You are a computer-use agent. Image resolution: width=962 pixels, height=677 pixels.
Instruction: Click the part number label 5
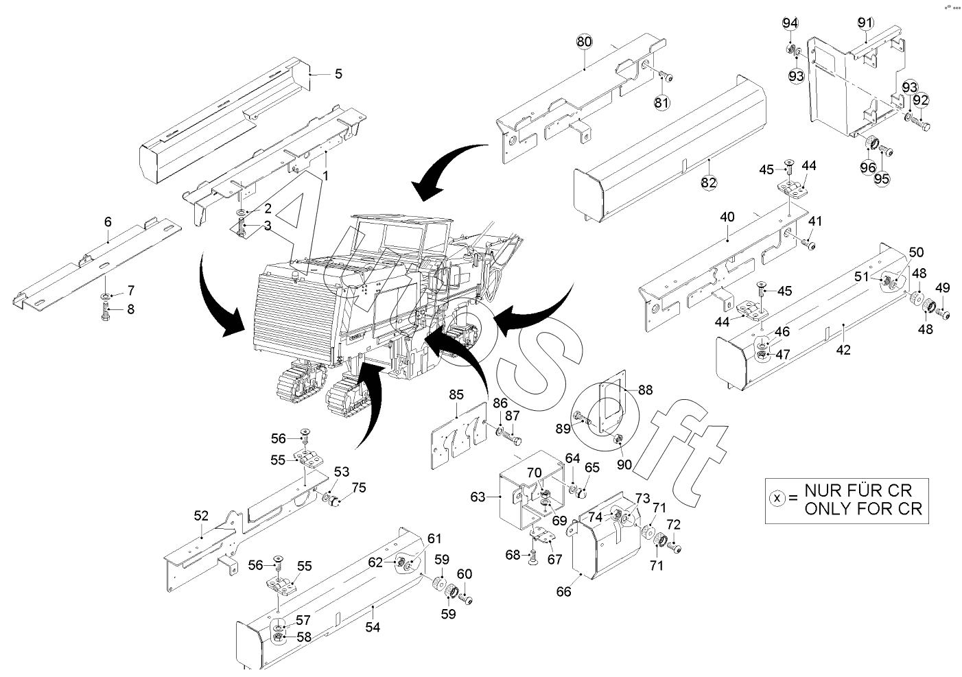(x=338, y=73)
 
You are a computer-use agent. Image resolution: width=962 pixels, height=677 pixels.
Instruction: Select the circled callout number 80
(x=584, y=42)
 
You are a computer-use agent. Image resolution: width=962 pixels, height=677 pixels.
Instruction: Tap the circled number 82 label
(x=708, y=182)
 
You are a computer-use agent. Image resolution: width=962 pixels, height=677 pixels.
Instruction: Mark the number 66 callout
(x=563, y=592)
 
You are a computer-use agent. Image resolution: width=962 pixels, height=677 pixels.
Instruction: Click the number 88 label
(x=645, y=389)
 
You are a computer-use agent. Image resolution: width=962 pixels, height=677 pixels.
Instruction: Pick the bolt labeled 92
(x=922, y=126)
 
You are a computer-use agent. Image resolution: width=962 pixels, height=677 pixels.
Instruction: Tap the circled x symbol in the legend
(x=777, y=499)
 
